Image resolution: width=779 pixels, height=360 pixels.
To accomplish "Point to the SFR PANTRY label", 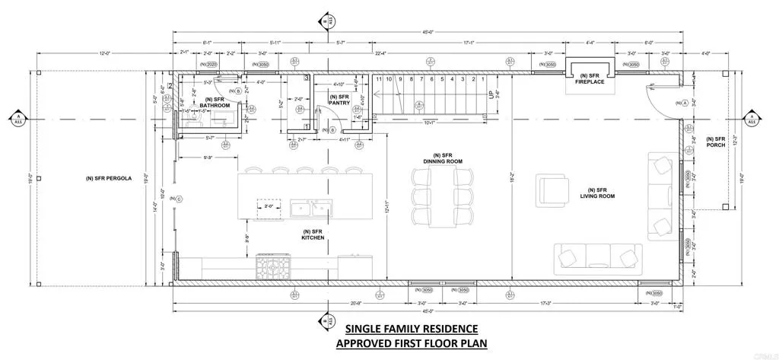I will (x=339, y=100).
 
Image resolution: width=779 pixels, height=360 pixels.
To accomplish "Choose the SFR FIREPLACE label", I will (x=590, y=78).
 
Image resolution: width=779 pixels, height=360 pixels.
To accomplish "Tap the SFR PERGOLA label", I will (x=110, y=179).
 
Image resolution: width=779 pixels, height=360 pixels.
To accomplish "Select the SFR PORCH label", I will (x=716, y=142).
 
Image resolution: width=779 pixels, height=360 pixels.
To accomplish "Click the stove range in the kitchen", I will (x=273, y=266).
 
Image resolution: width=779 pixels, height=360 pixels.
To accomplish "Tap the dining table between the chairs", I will (x=443, y=197).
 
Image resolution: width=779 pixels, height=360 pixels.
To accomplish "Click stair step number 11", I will (x=378, y=79).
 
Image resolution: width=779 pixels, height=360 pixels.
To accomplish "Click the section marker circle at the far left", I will (x=17, y=119).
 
